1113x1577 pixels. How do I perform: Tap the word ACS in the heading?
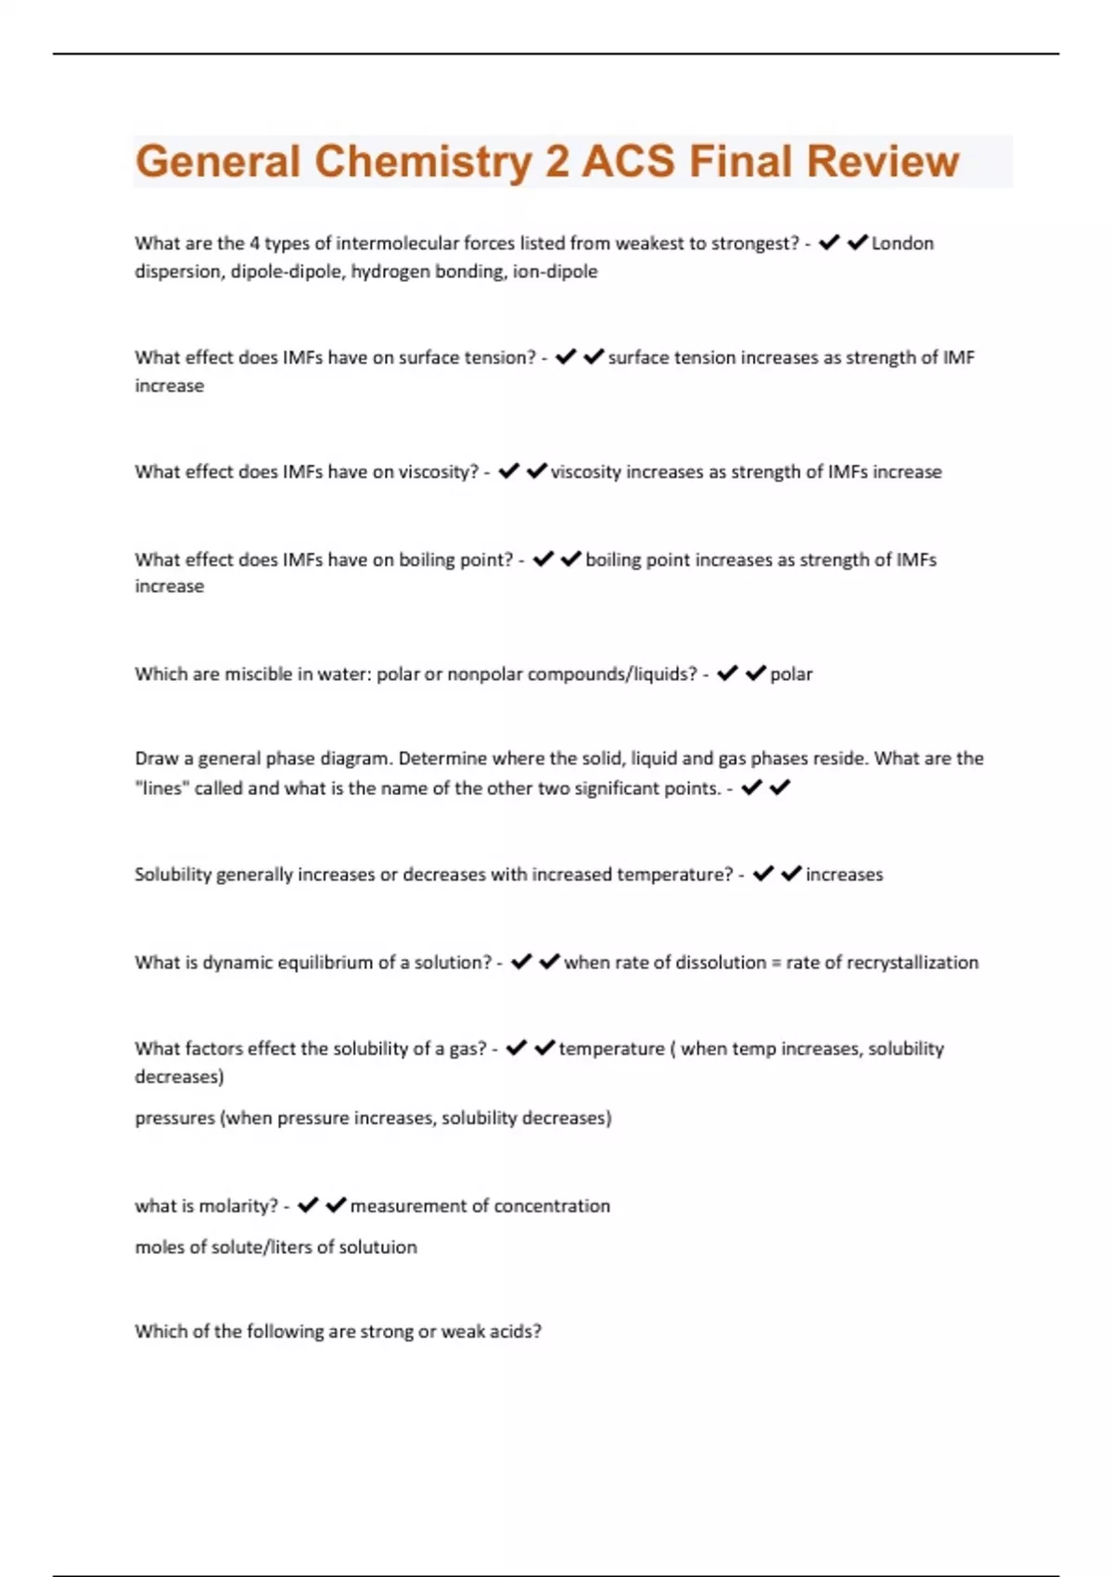tap(627, 161)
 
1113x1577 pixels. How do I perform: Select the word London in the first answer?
tap(902, 243)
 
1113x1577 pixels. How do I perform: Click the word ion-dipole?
tap(555, 272)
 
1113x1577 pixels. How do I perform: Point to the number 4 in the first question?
tap(253, 243)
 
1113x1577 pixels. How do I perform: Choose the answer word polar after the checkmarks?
tap(791, 674)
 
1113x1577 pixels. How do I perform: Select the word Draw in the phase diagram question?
tap(156, 759)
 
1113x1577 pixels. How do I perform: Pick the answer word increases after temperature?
tap(844, 875)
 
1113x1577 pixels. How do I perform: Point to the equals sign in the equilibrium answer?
tap(775, 963)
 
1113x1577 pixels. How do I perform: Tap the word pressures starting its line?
tap(174, 1119)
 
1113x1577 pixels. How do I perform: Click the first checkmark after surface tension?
tap(565, 357)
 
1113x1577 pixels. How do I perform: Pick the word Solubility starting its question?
tap(173, 875)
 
